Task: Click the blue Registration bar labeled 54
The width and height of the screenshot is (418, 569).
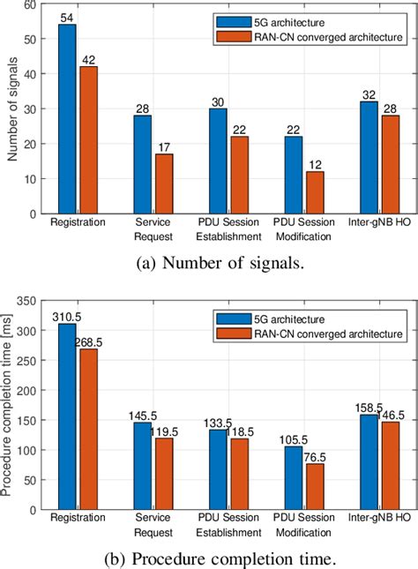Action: pos(67,119)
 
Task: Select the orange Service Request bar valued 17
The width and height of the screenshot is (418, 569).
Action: pos(163,183)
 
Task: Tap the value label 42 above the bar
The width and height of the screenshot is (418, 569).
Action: pos(88,60)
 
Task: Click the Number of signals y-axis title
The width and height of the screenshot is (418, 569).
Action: pos(11,109)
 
